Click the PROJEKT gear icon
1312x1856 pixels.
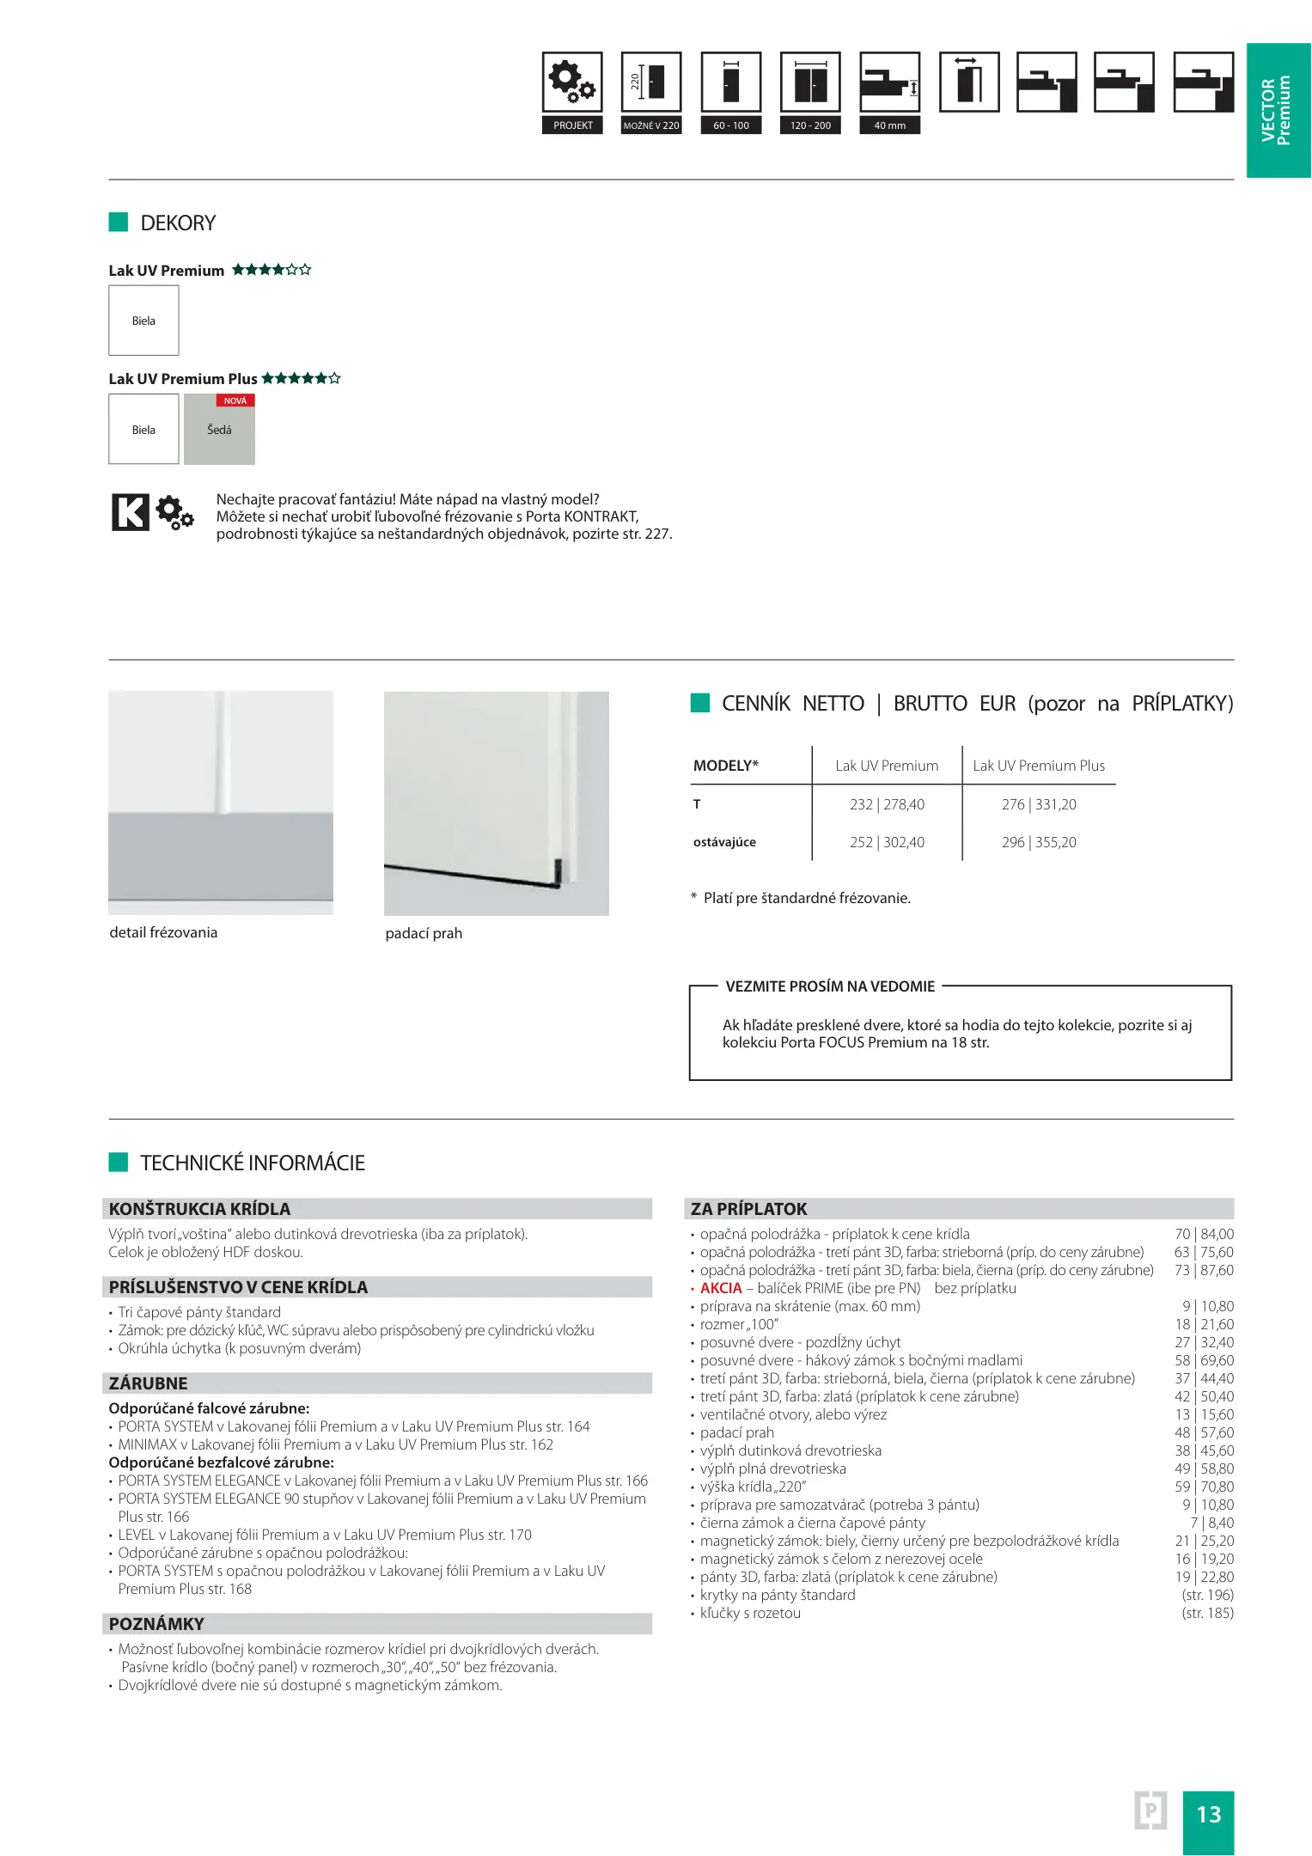(572, 82)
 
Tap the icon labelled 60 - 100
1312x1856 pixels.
(730, 82)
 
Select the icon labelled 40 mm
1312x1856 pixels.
(889, 82)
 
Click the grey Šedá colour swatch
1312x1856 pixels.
(219, 430)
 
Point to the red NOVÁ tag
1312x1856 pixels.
(235, 400)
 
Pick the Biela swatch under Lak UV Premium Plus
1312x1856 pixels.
(143, 430)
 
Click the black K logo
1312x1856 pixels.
(131, 512)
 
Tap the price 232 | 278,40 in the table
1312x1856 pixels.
(887, 804)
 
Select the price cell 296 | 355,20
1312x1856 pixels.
(1038, 842)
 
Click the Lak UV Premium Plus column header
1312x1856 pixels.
(1038, 766)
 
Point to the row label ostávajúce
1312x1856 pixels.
(724, 842)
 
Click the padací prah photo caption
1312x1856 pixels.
(424, 933)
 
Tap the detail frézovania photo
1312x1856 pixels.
(221, 803)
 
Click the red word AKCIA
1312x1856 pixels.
(721, 1288)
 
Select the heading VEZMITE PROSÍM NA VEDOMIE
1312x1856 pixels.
(830, 986)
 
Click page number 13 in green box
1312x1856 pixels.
(1208, 1814)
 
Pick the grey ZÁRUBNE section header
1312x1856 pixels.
(376, 1383)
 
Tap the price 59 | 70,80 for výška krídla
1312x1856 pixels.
(1204, 1487)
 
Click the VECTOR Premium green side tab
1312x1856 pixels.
(1278, 110)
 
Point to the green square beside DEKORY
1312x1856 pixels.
(119, 223)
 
